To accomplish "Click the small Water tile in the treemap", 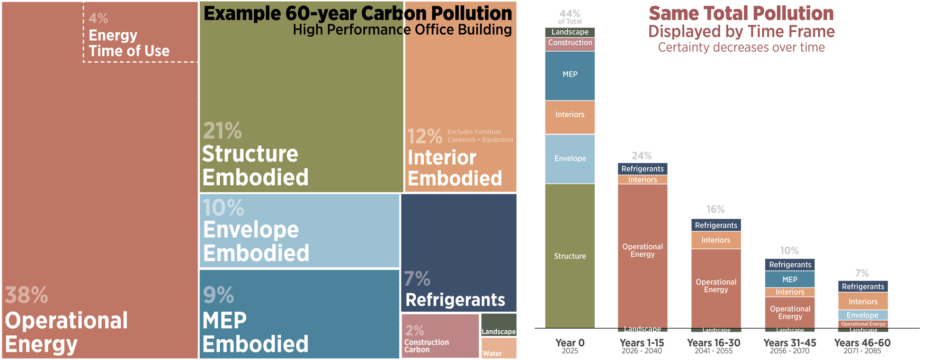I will click(x=499, y=348).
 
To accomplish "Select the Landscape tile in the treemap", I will click(x=499, y=325).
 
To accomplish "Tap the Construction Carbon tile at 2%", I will click(x=440, y=336).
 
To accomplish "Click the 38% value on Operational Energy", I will click(x=27, y=296).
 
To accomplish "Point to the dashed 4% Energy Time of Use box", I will click(x=140, y=32).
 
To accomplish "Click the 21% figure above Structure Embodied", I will click(x=223, y=131).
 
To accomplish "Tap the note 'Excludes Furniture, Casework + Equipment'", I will click(x=480, y=136).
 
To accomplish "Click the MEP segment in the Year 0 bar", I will click(x=570, y=75).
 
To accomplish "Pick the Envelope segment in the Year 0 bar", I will click(x=570, y=159).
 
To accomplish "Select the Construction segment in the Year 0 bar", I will click(x=570, y=43).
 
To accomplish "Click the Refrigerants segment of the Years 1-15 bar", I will click(x=643, y=169).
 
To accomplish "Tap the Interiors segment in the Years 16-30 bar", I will click(x=715, y=240).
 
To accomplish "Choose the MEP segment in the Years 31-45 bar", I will click(x=789, y=279).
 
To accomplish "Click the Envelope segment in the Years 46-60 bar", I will click(x=862, y=315).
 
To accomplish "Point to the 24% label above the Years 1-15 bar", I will click(x=642, y=156).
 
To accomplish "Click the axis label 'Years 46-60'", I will click(x=862, y=343).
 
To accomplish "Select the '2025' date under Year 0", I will click(x=570, y=351).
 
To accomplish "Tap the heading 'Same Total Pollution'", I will click(x=741, y=14).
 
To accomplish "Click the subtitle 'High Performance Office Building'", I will click(x=402, y=30).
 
